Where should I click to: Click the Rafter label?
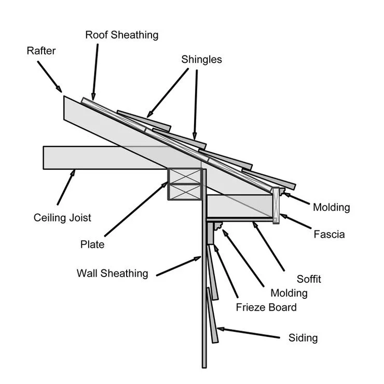tap(41, 51)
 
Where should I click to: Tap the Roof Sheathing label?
tap(121, 35)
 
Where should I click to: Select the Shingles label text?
tap(201, 60)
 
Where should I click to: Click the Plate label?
tap(92, 244)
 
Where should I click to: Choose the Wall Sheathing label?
tap(112, 273)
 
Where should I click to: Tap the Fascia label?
tap(329, 235)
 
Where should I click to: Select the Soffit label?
tap(309, 279)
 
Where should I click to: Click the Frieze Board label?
tap(266, 307)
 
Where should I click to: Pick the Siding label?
tap(303, 338)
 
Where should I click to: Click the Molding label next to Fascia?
tap(331, 208)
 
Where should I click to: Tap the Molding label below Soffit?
tap(285, 293)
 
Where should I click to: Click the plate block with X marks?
tap(184, 184)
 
